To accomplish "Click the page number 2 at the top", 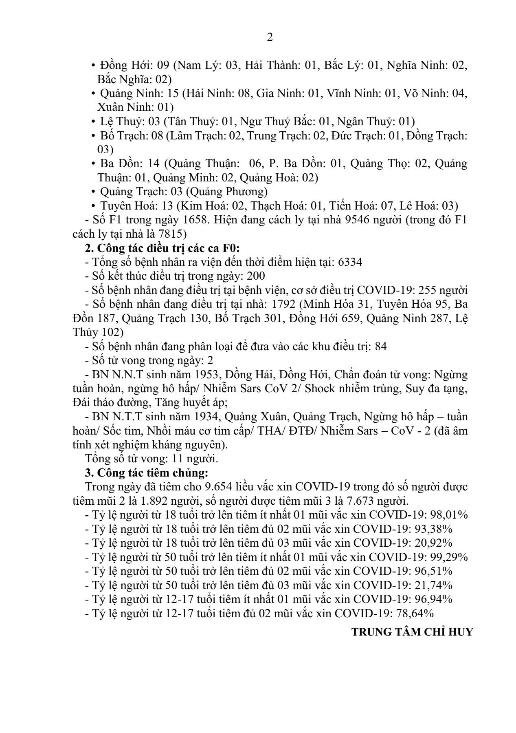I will (x=270, y=38).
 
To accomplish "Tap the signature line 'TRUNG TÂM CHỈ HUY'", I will (x=412, y=632).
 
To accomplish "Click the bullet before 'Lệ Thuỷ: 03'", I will (x=94, y=121).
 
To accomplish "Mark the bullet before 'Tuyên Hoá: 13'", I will (x=94, y=206).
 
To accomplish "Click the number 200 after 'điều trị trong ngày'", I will (x=256, y=276).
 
